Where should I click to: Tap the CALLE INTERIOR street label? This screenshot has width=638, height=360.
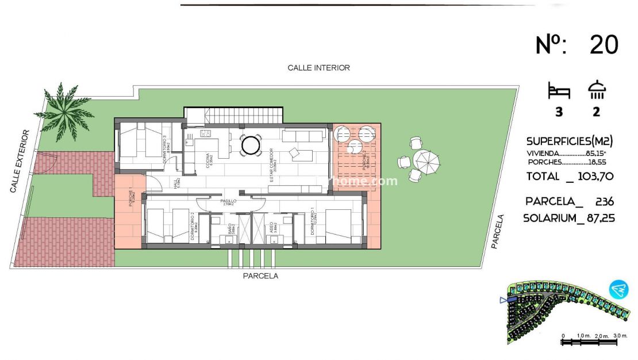click(318, 68)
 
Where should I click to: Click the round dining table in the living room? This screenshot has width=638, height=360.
click(251, 144)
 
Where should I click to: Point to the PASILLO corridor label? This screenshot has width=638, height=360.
click(229, 202)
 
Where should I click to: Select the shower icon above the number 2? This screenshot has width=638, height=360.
click(597, 90)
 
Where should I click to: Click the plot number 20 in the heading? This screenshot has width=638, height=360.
click(604, 45)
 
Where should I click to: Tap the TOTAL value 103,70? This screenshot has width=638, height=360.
click(594, 177)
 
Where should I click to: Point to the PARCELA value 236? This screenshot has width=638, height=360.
click(604, 201)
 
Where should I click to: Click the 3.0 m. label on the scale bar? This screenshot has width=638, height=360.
click(619, 335)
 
